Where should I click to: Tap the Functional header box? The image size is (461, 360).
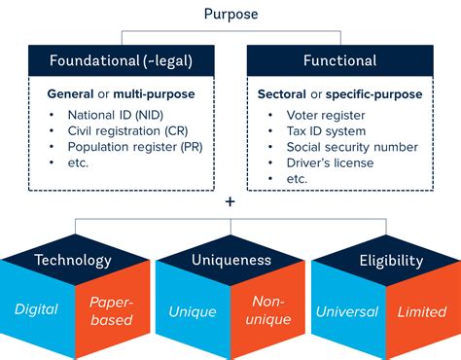(x=339, y=60)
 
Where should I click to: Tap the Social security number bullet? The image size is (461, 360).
(x=338, y=147)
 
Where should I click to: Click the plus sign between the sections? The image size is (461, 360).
(x=230, y=202)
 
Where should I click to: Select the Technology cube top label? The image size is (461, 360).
(x=73, y=260)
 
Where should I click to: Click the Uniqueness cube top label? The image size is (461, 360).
(x=230, y=260)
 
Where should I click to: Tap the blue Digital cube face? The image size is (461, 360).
(x=36, y=310)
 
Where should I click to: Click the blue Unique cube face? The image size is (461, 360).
(x=192, y=311)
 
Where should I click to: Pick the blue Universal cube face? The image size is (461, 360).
(x=348, y=311)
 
